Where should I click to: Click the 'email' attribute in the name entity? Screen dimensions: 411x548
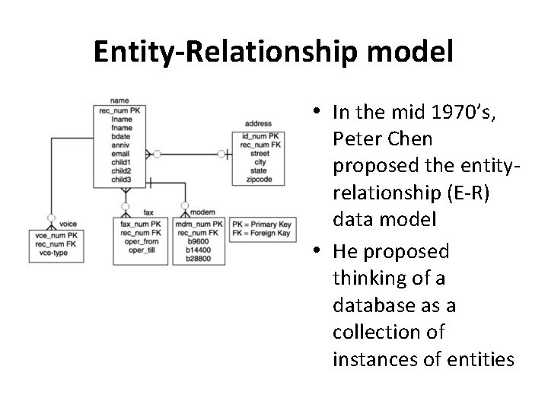coord(119,155)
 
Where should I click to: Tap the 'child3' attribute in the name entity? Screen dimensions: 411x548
coord(121,180)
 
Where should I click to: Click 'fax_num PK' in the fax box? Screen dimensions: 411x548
coord(142,225)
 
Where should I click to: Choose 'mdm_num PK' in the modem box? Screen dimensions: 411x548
coord(199,225)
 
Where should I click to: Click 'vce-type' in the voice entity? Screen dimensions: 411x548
coord(50,252)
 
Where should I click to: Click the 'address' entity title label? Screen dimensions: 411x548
coord(259,123)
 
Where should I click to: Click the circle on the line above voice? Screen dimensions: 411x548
coord(50,217)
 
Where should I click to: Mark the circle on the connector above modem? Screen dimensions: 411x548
coord(185,205)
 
